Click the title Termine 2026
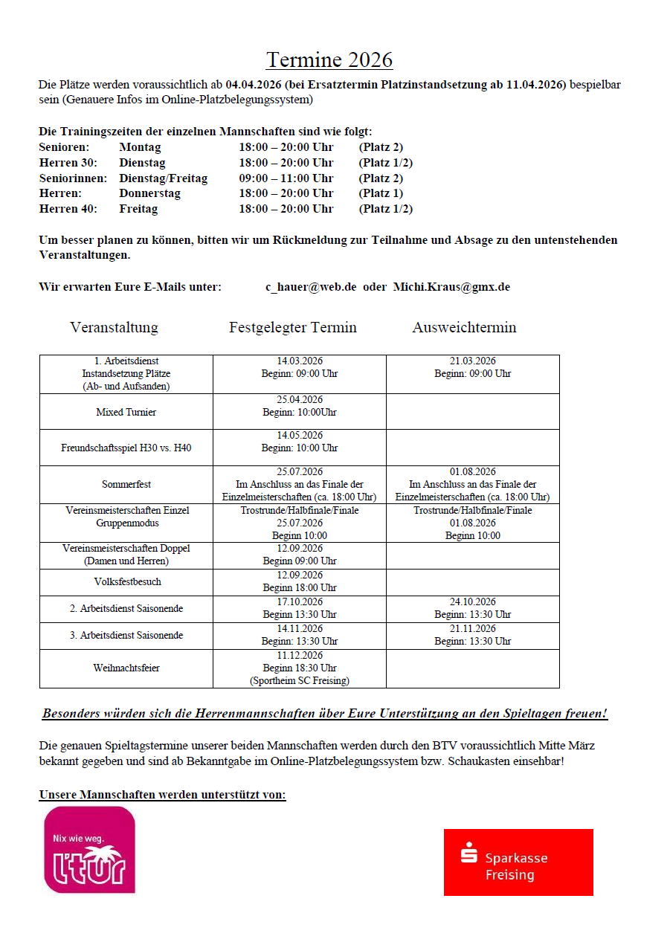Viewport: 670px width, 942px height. pyautogui.click(x=329, y=59)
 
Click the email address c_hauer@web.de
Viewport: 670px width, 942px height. pyautogui.click(x=311, y=287)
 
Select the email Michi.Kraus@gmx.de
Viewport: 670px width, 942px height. pyautogui.click(x=451, y=287)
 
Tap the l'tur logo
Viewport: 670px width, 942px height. pyautogui.click(x=90, y=850)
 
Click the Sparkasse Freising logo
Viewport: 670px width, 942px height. pyautogui.click(x=518, y=862)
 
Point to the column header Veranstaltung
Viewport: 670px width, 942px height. pyautogui.click(x=114, y=327)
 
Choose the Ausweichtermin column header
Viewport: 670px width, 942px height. pyautogui.click(x=464, y=327)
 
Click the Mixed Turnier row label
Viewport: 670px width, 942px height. pyautogui.click(x=126, y=412)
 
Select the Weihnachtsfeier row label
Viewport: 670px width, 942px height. pyautogui.click(x=126, y=668)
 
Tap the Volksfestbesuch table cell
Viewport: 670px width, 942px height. pyautogui.click(x=126, y=582)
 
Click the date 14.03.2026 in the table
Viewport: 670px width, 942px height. pyautogui.click(x=300, y=361)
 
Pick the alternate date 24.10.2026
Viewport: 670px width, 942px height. pyautogui.click(x=473, y=602)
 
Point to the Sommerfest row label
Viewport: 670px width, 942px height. pyautogui.click(x=126, y=485)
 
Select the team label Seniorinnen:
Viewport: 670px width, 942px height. pyautogui.click(x=73, y=178)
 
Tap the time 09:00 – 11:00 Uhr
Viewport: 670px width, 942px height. pyautogui.click(x=286, y=178)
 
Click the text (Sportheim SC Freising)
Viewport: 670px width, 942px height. pyautogui.click(x=300, y=680)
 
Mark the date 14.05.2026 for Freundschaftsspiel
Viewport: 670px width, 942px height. pyautogui.click(x=300, y=436)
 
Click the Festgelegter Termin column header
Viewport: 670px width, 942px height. pyautogui.click(x=293, y=327)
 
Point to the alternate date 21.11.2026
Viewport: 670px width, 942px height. pyautogui.click(x=473, y=629)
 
